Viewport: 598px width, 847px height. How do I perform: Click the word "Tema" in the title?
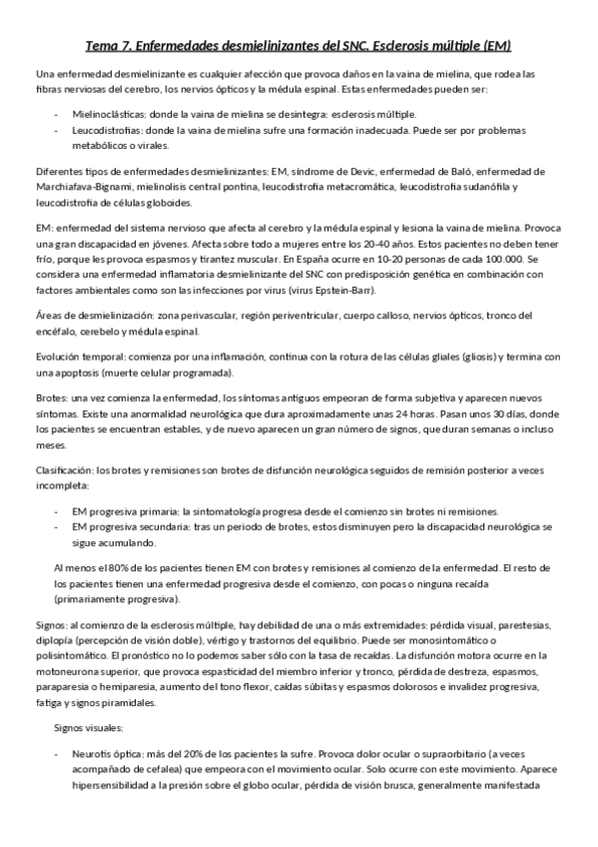coord(102,46)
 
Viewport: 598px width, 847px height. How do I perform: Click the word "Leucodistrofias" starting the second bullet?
coord(107,131)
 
